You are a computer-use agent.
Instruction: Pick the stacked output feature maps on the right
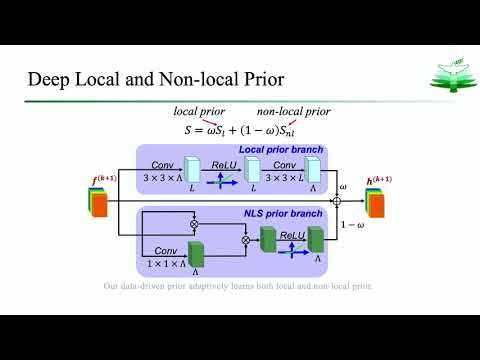pos(376,202)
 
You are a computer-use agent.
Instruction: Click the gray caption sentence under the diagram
pos(240,287)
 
